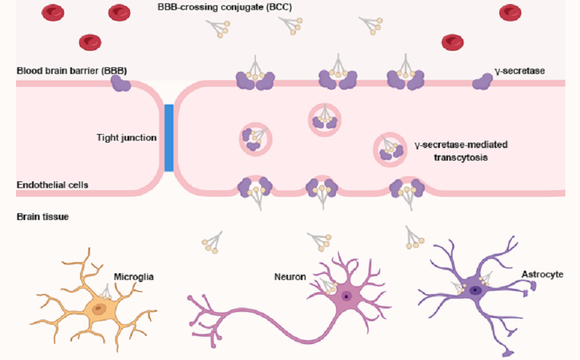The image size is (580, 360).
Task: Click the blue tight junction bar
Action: point(169,137)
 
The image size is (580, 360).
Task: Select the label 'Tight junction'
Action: point(127,138)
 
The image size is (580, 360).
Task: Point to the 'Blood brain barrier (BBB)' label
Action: point(71,70)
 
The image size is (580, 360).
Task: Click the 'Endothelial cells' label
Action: point(53,184)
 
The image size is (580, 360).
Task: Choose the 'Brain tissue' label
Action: point(43,217)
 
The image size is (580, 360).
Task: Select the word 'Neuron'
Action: point(289,276)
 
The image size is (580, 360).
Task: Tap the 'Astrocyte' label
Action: point(544,274)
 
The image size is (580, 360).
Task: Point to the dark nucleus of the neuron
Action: point(347,296)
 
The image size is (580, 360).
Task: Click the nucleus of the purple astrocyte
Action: point(474,290)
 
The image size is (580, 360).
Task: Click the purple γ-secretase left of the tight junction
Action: point(121,83)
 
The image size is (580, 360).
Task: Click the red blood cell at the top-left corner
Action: point(53,11)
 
